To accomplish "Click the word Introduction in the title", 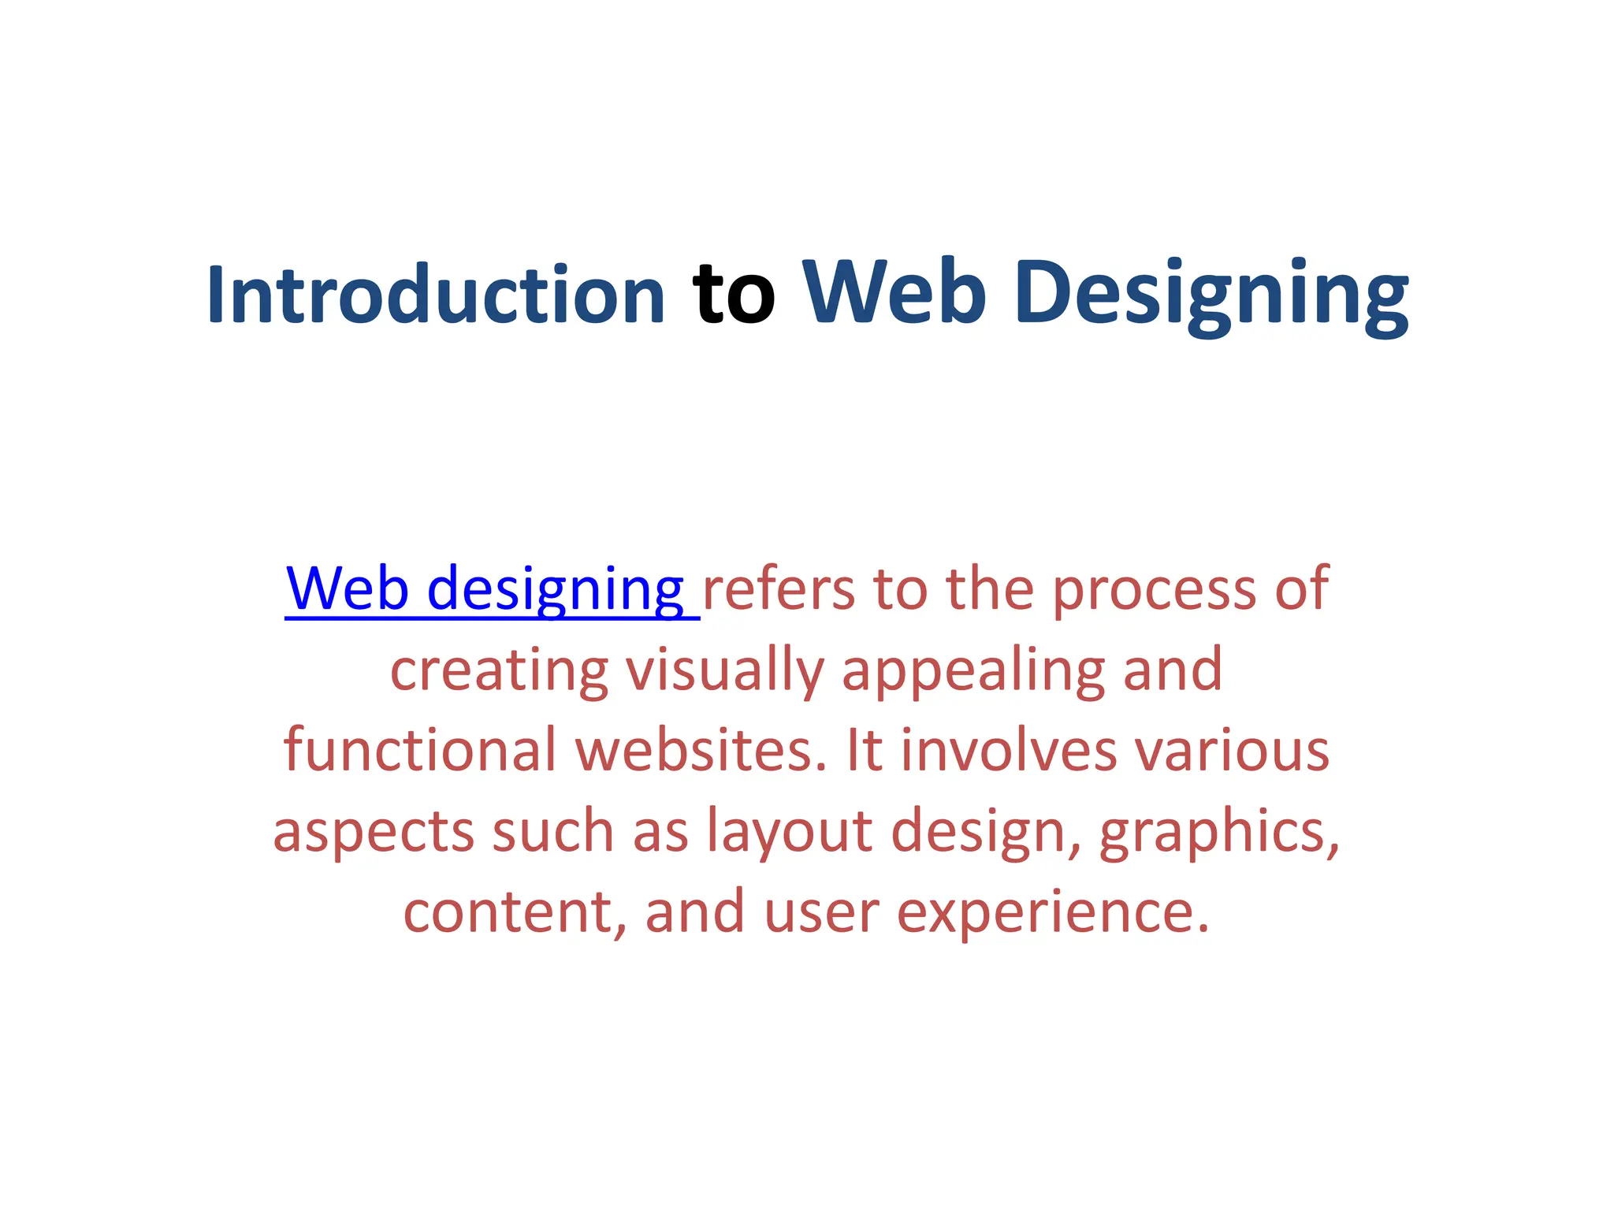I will (x=436, y=295).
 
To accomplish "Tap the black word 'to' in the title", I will (x=734, y=295).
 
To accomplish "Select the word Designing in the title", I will (x=1211, y=295).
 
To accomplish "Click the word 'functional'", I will (x=420, y=750).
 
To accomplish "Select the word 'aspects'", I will (x=374, y=833).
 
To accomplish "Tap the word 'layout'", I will (x=789, y=833).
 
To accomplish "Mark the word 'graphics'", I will (x=1218, y=833).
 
